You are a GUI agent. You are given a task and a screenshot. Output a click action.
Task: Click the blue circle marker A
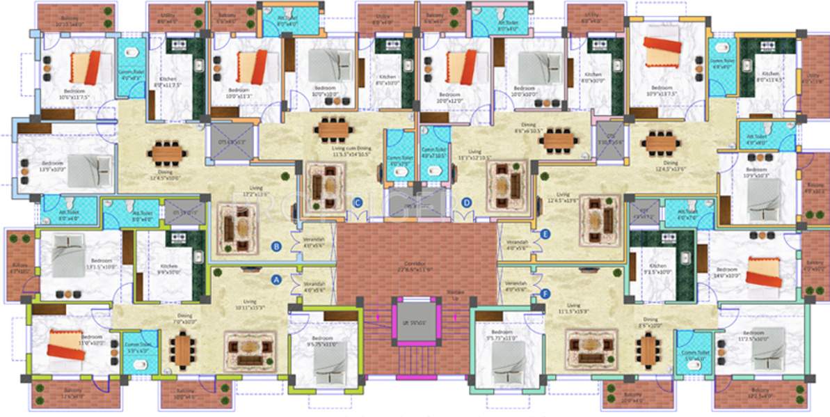[276, 280]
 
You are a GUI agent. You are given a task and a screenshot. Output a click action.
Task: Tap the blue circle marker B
[276, 246]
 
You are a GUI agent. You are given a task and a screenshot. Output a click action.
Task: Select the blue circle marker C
[358, 203]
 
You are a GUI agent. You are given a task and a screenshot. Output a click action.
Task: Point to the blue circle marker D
[467, 203]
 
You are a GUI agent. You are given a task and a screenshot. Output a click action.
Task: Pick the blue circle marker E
[545, 234]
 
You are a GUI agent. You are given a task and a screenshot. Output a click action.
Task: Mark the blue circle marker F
[545, 294]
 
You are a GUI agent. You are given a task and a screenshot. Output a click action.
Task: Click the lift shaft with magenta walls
[415, 321]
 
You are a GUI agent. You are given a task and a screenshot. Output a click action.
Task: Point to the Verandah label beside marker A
[313, 287]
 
